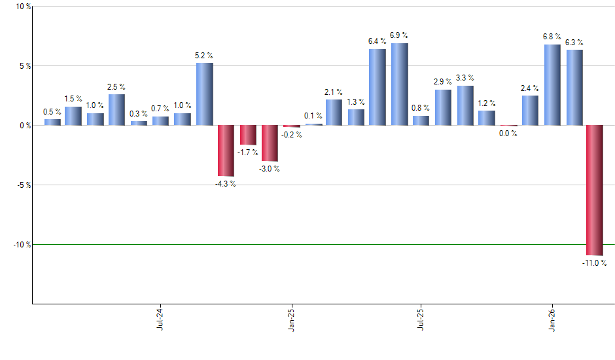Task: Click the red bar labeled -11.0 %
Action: pyautogui.click(x=594, y=190)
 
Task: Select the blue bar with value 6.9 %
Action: pyautogui.click(x=399, y=84)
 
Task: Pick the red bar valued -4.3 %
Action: pyautogui.click(x=226, y=151)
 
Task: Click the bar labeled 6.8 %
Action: pyautogui.click(x=552, y=85)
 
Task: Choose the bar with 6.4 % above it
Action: pyautogui.click(x=378, y=87)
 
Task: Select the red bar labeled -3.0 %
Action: pyautogui.click(x=270, y=143)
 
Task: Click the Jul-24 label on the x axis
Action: pyautogui.click(x=160, y=319)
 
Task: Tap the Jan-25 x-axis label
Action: pyautogui.click(x=291, y=319)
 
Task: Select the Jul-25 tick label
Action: pyautogui.click(x=421, y=319)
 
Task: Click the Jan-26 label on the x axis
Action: pyautogui.click(x=552, y=319)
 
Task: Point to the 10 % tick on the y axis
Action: pyautogui.click(x=23, y=7)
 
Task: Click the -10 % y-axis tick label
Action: pyautogui.click(x=22, y=244)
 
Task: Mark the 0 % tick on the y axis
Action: pyautogui.click(x=24, y=125)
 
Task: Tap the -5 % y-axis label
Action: pyautogui.click(x=23, y=185)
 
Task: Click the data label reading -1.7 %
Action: pyautogui.click(x=247, y=152)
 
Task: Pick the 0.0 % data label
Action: pyautogui.click(x=508, y=133)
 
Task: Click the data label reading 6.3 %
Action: pyautogui.click(x=574, y=43)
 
